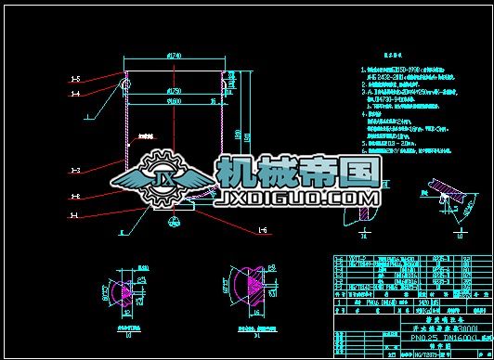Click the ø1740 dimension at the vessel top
tap(173, 58)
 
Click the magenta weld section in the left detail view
tap(121, 289)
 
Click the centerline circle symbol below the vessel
tap(175, 222)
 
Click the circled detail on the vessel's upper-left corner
tap(126, 74)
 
